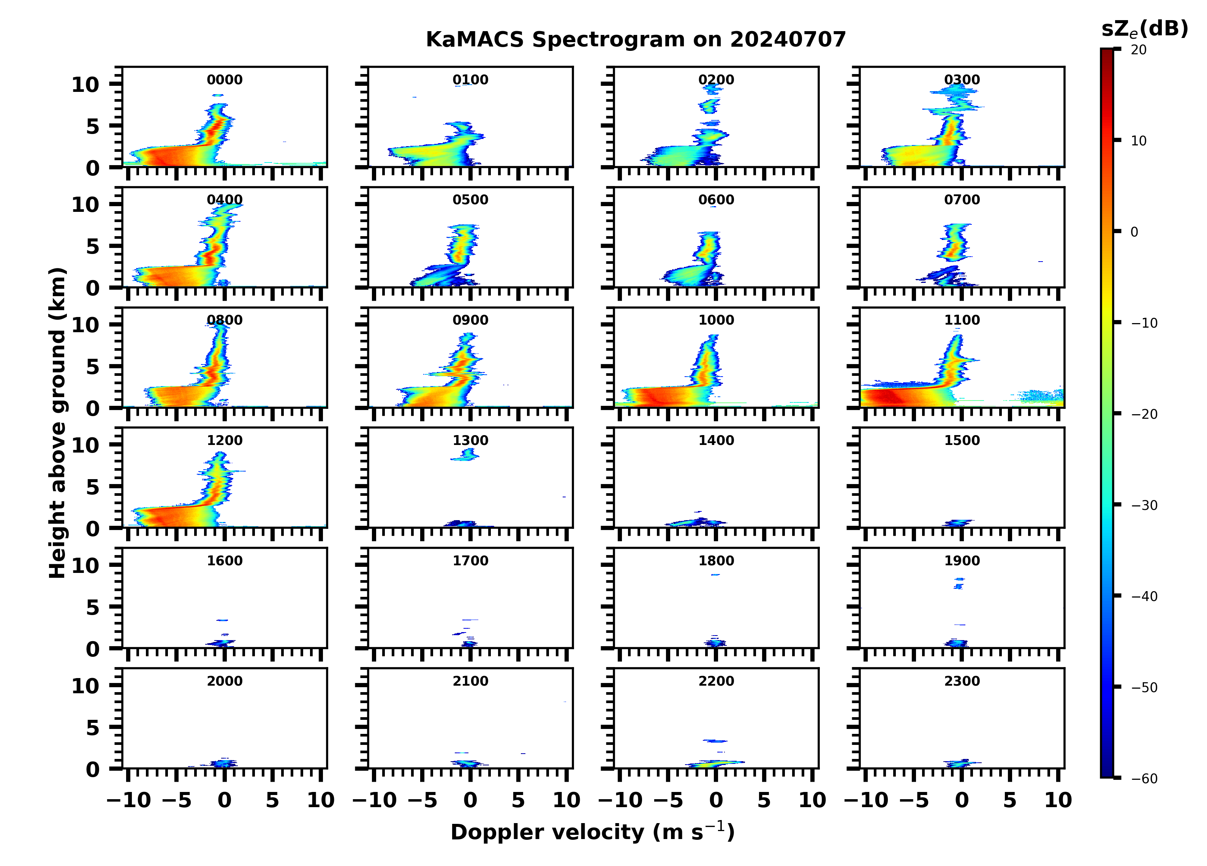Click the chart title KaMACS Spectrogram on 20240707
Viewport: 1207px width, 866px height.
coord(636,40)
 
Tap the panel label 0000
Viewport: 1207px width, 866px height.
coord(225,80)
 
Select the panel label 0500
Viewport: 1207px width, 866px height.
coord(470,200)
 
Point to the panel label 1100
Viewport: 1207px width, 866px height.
coord(962,320)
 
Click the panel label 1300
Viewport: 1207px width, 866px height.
coord(470,440)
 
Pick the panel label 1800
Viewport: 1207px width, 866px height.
coord(716,561)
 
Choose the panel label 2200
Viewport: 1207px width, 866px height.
coord(716,681)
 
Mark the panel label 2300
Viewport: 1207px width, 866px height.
coord(962,681)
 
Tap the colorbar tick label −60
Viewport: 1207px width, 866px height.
coord(1144,779)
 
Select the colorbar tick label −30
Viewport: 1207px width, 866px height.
coord(1144,505)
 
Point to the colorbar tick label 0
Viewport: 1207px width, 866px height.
coord(1134,232)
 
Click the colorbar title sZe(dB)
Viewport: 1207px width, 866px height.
coord(1144,29)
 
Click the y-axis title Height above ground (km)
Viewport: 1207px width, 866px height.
coord(57,423)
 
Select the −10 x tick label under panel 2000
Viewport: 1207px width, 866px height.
coord(129,800)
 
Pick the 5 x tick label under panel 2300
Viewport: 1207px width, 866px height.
coord(1009,800)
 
